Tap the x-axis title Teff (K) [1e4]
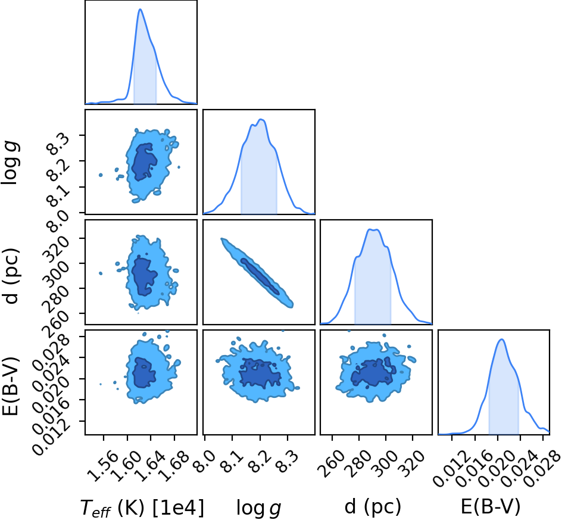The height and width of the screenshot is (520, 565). coord(142,507)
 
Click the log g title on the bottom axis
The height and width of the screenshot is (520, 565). coord(258,507)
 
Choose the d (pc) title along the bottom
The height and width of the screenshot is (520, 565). coord(373,507)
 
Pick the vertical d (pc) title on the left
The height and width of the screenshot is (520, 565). coord(11,276)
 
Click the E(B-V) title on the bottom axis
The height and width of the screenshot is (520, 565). coord(491,506)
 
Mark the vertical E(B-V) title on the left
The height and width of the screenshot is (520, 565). coord(10,386)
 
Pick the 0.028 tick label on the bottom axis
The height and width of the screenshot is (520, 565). coord(542,469)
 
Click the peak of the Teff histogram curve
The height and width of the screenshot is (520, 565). coord(140,10)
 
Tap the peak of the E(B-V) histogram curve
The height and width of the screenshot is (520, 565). coord(501,340)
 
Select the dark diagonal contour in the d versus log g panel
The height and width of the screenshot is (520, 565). coord(260,276)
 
